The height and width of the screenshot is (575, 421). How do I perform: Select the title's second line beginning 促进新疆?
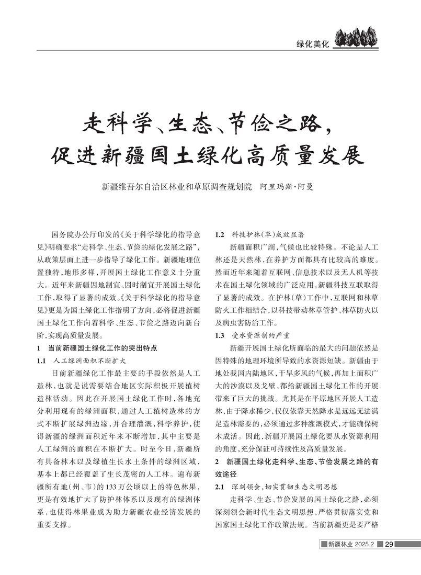[x=209, y=155]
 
